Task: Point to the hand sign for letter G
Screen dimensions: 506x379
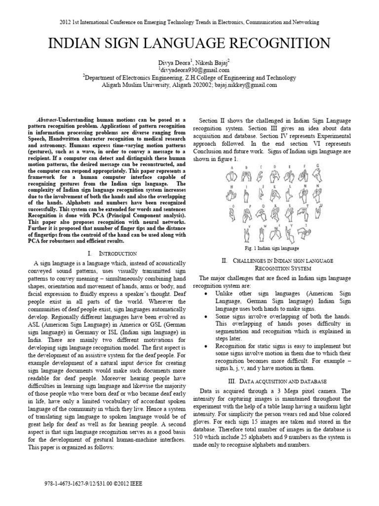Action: point(319,175)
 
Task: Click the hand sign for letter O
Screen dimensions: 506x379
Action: point(230,213)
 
